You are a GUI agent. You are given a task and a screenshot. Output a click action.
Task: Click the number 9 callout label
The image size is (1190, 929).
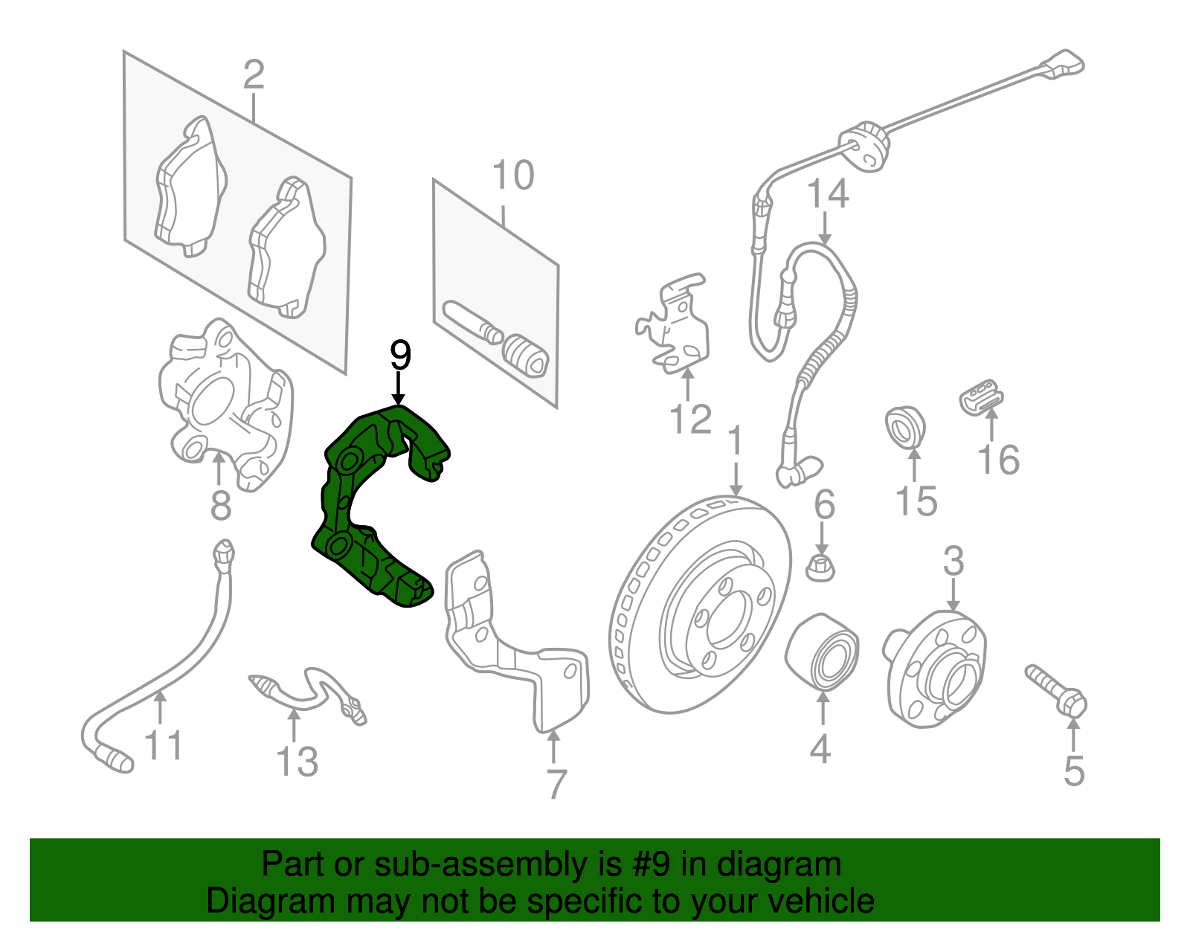(400, 356)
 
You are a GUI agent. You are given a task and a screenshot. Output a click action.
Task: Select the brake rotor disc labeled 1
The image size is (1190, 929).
(699, 602)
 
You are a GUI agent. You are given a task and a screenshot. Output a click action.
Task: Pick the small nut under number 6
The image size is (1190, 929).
(820, 568)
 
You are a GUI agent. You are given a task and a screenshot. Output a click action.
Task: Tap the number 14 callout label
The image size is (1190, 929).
(827, 195)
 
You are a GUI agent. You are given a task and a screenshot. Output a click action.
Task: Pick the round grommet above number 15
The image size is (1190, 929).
(905, 428)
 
